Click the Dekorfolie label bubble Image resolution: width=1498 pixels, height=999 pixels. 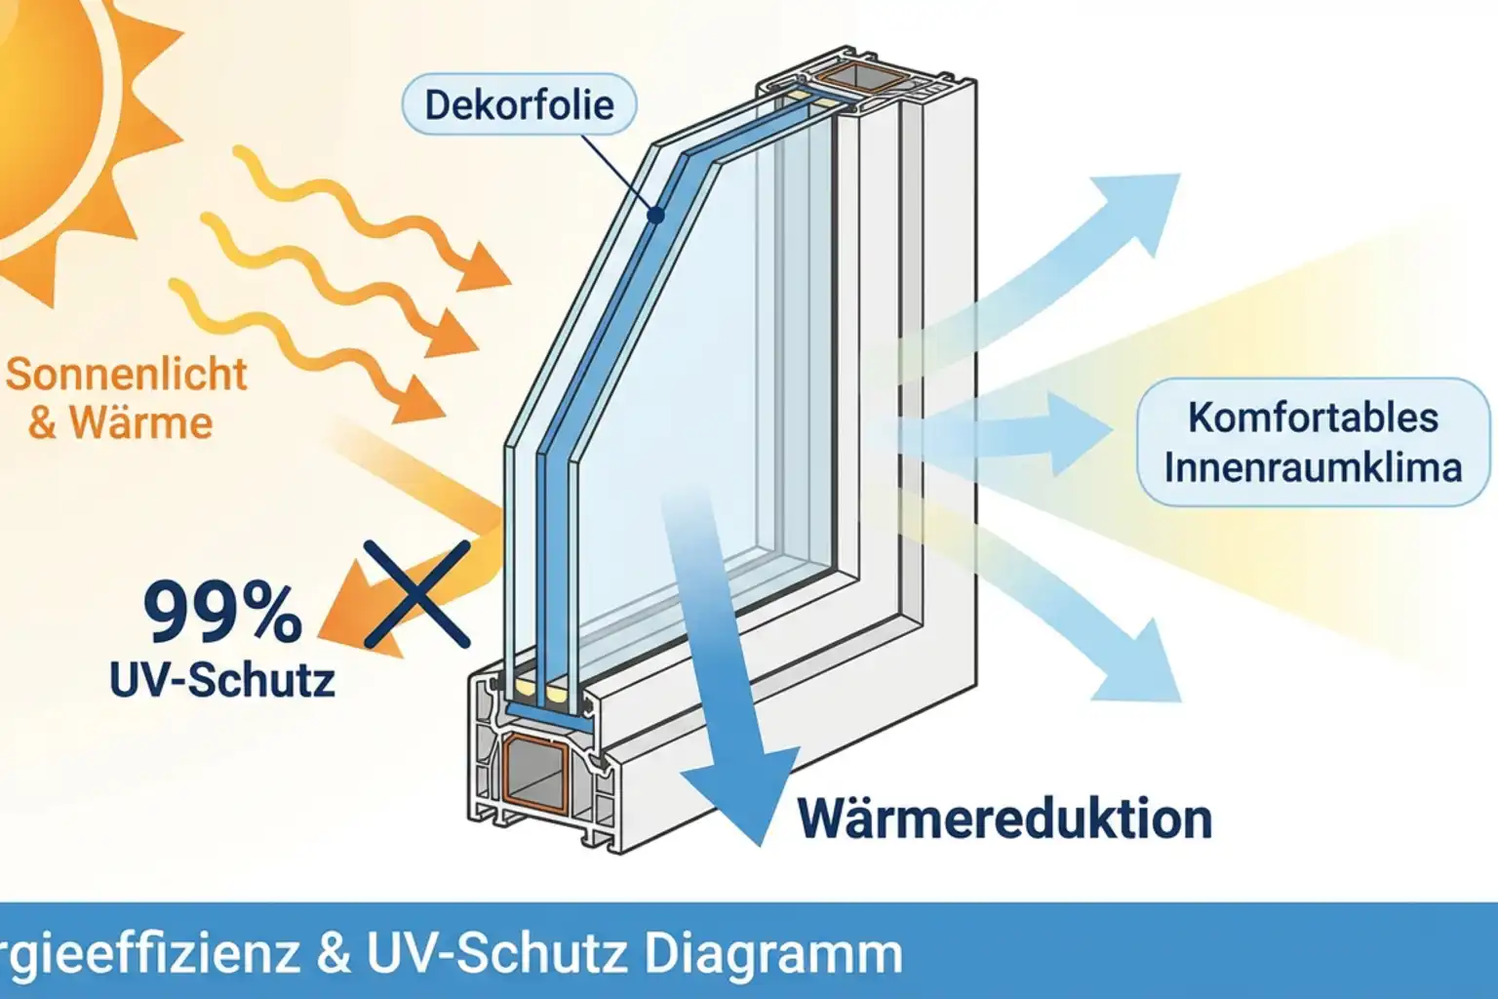point(519,104)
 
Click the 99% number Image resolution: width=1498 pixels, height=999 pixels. point(222,613)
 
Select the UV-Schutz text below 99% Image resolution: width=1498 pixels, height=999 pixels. point(222,679)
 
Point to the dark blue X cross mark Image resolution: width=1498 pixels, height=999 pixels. point(416,594)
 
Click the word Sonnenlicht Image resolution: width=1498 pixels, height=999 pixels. point(127,375)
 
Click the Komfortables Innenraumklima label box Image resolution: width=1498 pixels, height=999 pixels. point(1313,442)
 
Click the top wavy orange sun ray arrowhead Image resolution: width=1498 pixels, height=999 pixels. point(487,269)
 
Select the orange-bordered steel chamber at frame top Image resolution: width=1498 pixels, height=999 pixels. point(857,75)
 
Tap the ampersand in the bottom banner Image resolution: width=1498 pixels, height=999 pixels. point(334,953)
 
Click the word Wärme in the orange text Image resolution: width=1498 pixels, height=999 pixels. point(140,423)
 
